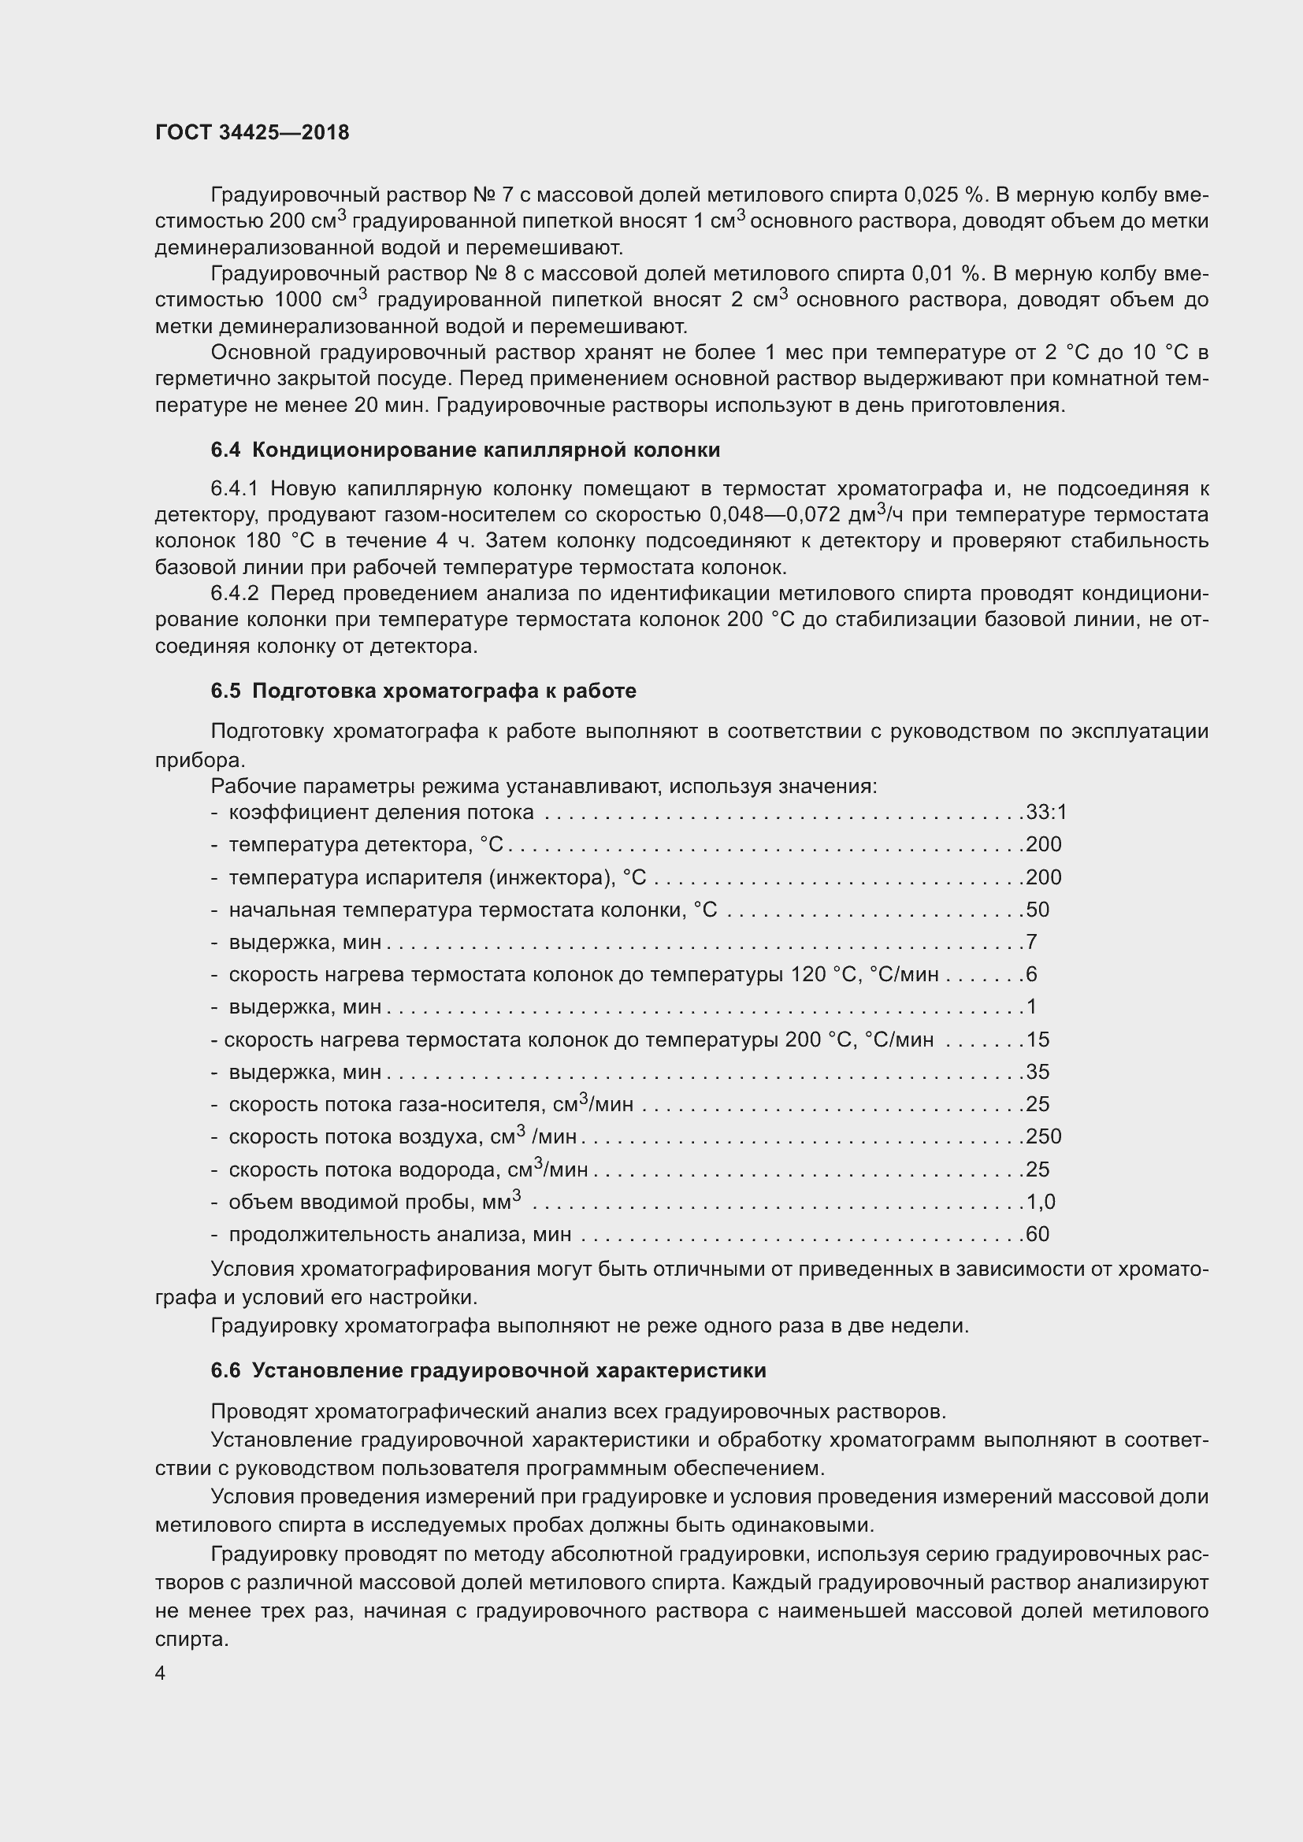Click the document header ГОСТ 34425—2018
coord(252,132)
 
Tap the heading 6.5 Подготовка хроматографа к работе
coord(423,691)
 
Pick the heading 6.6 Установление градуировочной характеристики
coord(488,1370)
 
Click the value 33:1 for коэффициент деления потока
coord(1046,813)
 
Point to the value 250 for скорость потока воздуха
coord(1043,1137)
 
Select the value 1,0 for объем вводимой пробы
coord(1041,1202)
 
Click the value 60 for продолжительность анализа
coord(1038,1234)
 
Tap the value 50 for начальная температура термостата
coord(1038,910)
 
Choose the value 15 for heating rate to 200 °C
coord(1038,1040)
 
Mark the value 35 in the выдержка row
coord(1038,1072)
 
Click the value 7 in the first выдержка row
coord(1032,942)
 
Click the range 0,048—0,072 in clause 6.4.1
coord(774,514)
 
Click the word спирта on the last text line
coord(191,1639)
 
